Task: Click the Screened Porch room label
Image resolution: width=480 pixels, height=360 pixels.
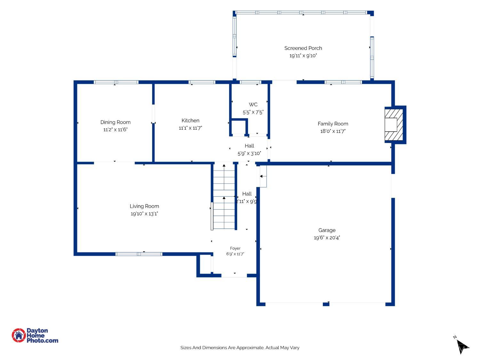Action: click(x=303, y=48)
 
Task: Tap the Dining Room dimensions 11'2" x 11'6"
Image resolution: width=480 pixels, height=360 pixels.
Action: click(x=115, y=129)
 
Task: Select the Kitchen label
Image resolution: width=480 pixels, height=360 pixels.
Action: click(x=190, y=120)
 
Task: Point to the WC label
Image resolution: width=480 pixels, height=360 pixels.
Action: click(x=253, y=105)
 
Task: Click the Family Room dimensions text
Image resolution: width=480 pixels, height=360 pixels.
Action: click(x=332, y=131)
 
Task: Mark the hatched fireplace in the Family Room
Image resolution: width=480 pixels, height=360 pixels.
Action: click(x=394, y=125)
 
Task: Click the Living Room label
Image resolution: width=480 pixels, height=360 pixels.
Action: click(x=144, y=206)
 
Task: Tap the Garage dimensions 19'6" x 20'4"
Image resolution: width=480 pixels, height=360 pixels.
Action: click(x=327, y=237)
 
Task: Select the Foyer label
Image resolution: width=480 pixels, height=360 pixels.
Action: click(x=235, y=248)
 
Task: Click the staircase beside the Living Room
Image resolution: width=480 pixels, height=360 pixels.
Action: click(x=224, y=196)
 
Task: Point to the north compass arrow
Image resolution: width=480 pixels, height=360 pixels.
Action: click(x=462, y=346)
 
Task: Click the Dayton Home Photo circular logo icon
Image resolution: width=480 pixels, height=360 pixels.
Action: click(x=19, y=335)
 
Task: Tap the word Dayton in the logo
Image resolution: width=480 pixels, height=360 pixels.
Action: click(x=37, y=331)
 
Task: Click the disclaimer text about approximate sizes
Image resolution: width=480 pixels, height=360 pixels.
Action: click(x=240, y=348)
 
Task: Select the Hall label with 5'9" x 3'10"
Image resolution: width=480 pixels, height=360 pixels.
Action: click(x=249, y=146)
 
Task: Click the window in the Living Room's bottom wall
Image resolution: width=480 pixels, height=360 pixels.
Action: click(x=139, y=254)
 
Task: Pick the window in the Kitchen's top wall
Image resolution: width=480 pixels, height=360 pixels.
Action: click(x=202, y=82)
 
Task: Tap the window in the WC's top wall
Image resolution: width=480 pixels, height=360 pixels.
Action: click(x=250, y=82)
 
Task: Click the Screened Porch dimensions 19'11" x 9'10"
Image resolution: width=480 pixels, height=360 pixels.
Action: click(x=303, y=55)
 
